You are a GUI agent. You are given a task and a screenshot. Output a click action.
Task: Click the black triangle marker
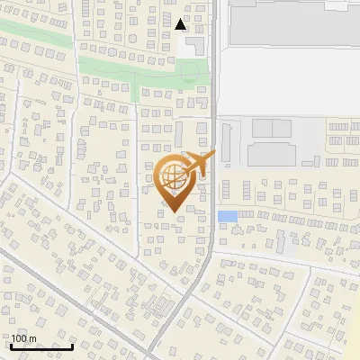pos(181,24)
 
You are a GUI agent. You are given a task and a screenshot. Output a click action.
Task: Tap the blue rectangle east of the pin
pos(228,216)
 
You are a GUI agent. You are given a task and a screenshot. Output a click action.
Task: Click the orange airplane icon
pos(200,165)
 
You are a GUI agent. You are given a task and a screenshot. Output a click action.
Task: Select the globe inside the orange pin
pos(172,177)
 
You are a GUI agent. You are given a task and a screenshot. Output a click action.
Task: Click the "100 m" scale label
pos(23,338)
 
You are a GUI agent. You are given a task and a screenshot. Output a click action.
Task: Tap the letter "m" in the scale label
pos(32,338)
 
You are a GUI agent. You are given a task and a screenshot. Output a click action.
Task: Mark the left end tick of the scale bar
pos(11,346)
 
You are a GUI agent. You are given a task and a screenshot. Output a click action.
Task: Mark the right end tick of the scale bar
pos(72,346)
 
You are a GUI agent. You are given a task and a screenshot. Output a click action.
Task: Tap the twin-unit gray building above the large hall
pos(273,129)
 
